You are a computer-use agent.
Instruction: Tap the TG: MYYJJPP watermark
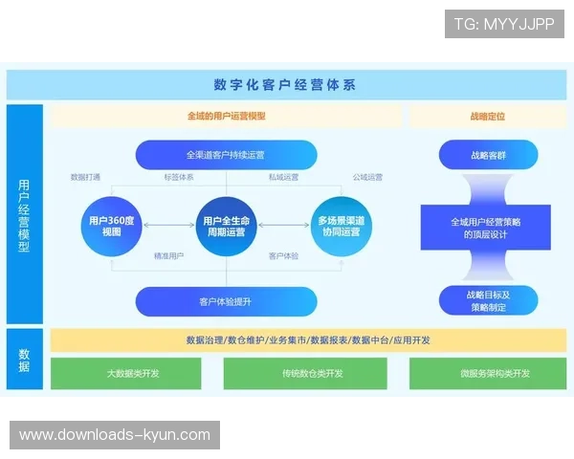click(504, 23)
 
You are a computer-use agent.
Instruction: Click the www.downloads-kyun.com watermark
click(115, 435)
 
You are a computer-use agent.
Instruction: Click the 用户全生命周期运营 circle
click(226, 226)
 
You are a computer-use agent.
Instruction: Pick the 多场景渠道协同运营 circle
click(340, 226)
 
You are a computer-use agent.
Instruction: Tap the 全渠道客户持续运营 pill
click(226, 154)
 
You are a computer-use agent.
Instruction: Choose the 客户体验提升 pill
click(226, 301)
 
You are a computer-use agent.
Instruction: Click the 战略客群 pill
click(488, 154)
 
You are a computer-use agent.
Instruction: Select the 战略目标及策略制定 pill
click(488, 301)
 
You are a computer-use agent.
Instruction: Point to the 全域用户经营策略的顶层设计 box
click(488, 228)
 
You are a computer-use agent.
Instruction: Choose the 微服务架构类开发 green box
click(488, 373)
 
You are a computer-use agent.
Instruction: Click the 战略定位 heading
click(488, 116)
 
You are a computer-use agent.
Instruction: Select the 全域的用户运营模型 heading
click(226, 116)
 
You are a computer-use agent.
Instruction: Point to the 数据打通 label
click(86, 178)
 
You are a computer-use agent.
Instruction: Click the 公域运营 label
click(367, 178)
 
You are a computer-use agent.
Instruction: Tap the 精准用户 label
click(168, 256)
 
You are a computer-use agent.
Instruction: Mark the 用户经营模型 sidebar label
click(24, 215)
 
